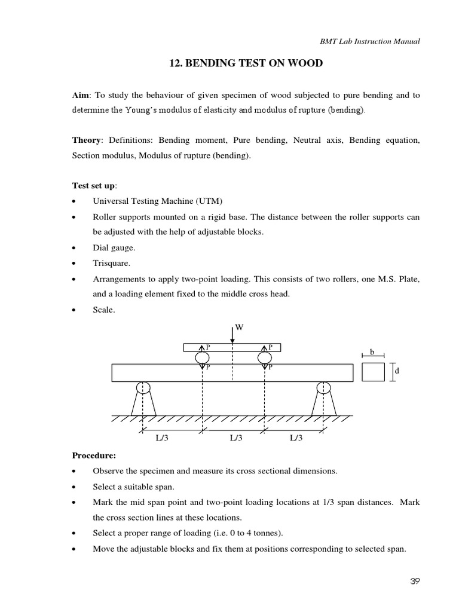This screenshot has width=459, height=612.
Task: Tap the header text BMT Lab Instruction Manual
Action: (x=369, y=41)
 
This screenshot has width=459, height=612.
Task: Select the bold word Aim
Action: (x=80, y=95)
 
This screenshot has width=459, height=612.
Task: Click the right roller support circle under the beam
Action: (x=323, y=387)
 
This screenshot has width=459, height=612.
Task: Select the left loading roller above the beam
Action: (x=202, y=357)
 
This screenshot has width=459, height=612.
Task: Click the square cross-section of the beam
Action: (x=374, y=372)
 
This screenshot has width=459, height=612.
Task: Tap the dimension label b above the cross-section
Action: (x=372, y=352)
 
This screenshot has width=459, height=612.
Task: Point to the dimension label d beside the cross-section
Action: (x=396, y=371)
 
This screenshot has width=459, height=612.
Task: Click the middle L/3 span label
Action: (x=236, y=438)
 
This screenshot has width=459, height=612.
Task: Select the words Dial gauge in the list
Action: (x=114, y=247)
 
